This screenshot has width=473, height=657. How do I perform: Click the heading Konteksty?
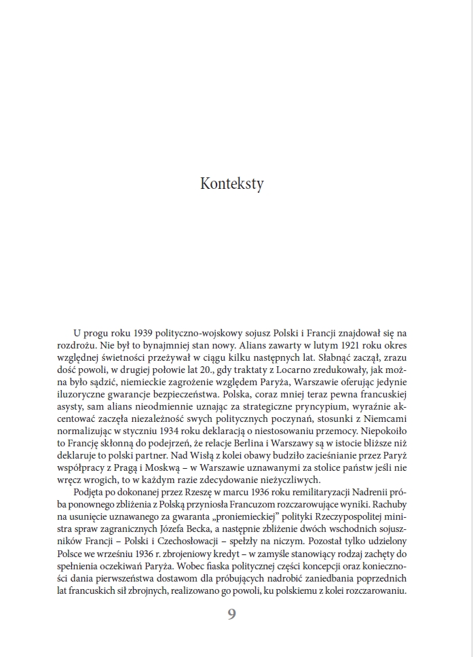(x=232, y=183)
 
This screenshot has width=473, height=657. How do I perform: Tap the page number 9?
(x=232, y=614)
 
